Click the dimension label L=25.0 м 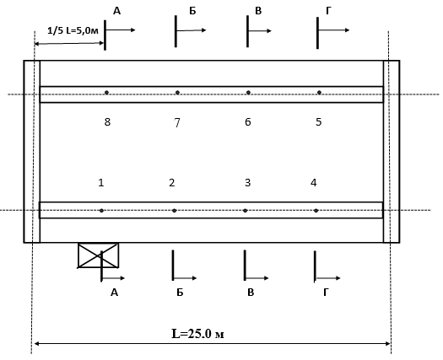click(x=197, y=334)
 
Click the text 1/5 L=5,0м click(x=73, y=30)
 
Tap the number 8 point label click(x=107, y=122)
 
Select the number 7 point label click(x=177, y=122)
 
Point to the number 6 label click(x=248, y=122)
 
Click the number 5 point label click(x=319, y=122)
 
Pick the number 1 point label click(x=101, y=183)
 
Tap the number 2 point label click(x=172, y=183)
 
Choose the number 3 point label click(x=247, y=183)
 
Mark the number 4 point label click(x=314, y=183)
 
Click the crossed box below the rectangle click(x=99, y=255)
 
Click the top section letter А click(x=116, y=11)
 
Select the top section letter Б click(x=192, y=11)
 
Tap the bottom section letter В click(x=251, y=293)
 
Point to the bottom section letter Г click(x=326, y=293)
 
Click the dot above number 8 click(x=106, y=93)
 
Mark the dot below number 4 click(x=316, y=211)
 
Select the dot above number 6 click(x=248, y=93)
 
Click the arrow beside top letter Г click(x=334, y=30)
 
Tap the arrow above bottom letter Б click(x=185, y=278)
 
